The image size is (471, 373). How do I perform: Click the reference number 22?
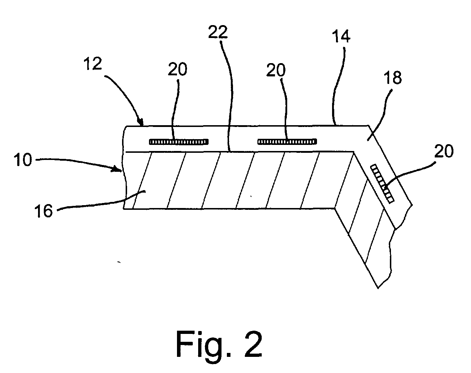218,32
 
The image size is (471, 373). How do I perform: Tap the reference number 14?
341,37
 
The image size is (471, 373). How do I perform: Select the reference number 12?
93,63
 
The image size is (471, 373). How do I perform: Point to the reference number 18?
393,77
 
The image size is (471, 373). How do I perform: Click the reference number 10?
23,160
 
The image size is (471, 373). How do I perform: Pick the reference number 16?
44,211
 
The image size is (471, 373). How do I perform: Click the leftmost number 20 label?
177,69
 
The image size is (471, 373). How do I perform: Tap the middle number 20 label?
276,70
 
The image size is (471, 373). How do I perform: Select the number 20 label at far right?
444,151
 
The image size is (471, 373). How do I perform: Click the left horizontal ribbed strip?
178,142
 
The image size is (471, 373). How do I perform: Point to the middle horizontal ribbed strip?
287,142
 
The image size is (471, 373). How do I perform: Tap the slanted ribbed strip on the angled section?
382,184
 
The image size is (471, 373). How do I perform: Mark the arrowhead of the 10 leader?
119,169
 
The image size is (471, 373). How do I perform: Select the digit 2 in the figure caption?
253,344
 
